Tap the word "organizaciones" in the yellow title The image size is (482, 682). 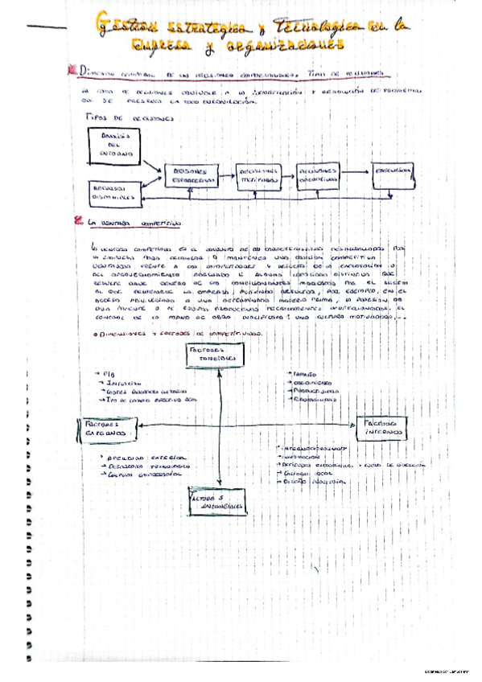pos(278,47)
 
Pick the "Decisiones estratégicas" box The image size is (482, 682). pos(190,176)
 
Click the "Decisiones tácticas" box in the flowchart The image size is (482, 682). pos(258,175)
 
